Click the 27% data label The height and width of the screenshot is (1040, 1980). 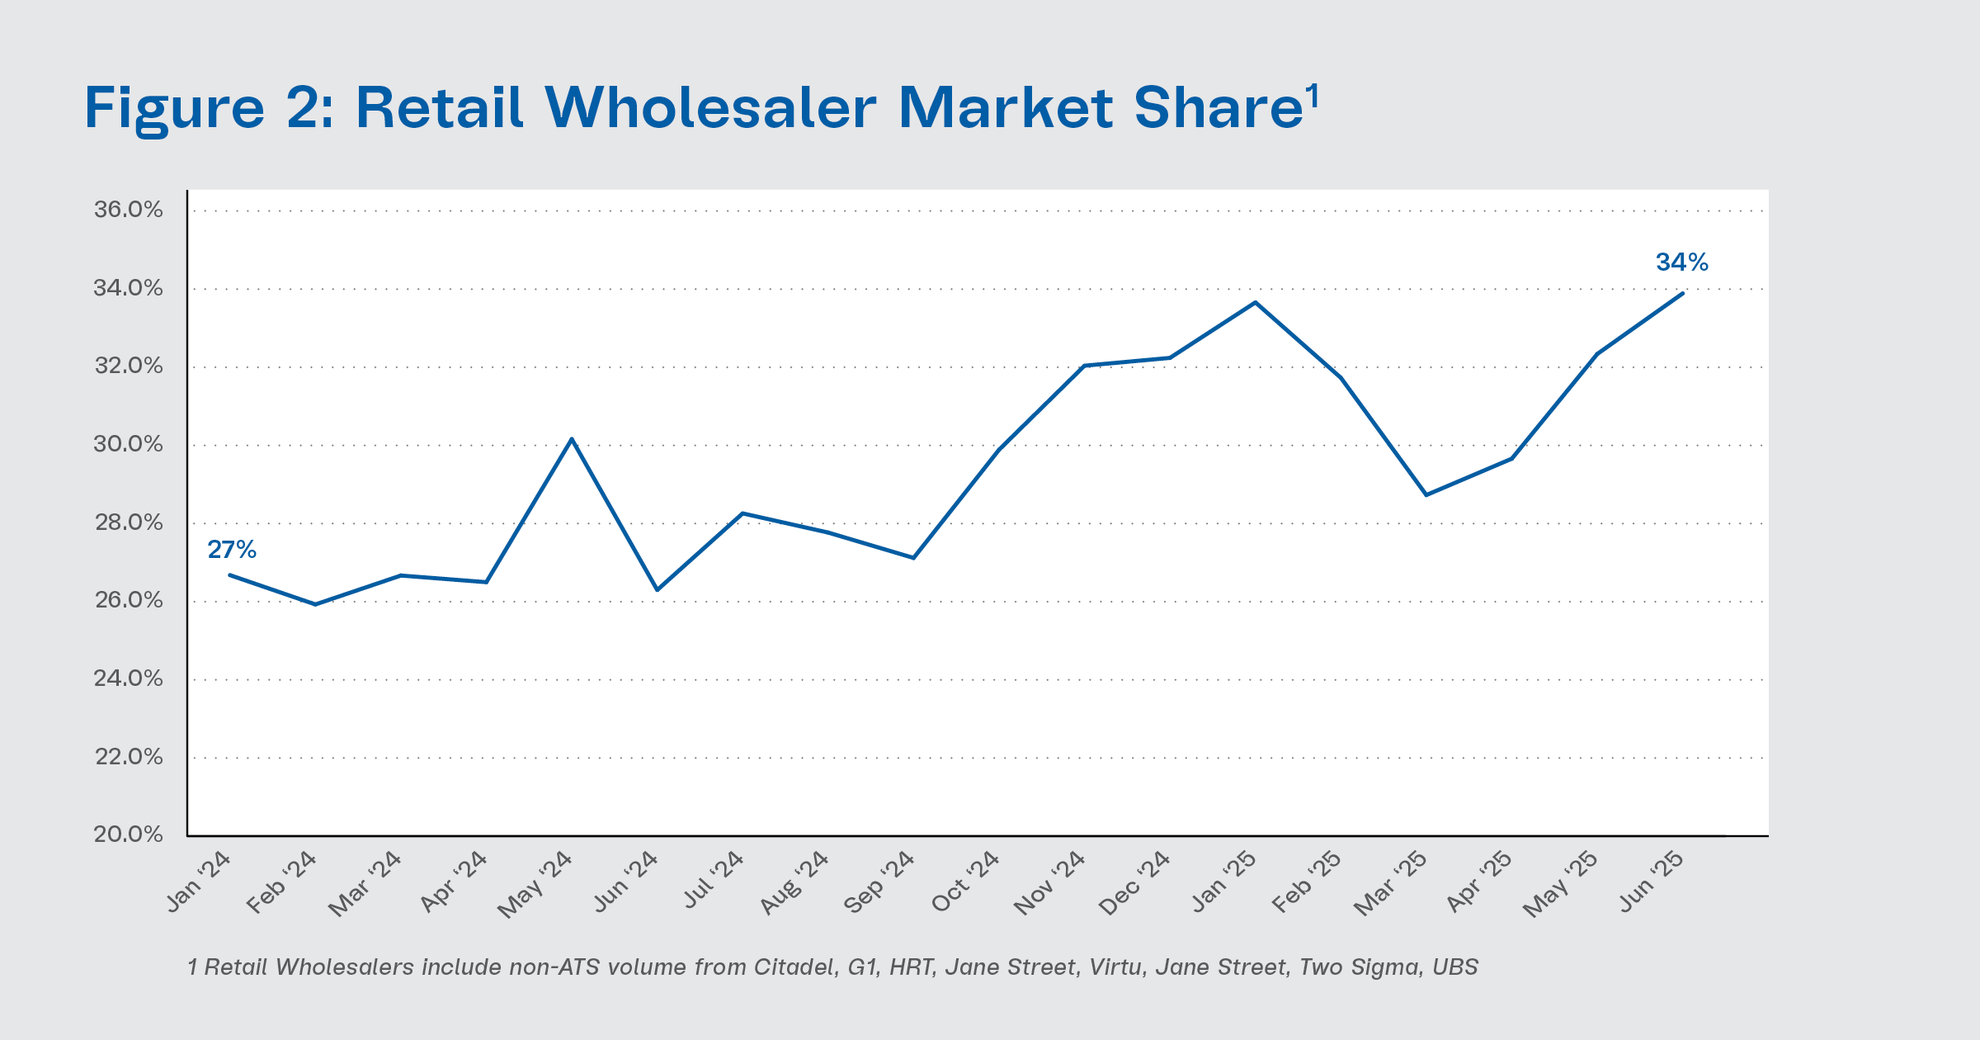[x=232, y=550]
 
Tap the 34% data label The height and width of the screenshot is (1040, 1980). [x=1681, y=262]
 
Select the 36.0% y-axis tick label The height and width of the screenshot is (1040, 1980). [x=129, y=210]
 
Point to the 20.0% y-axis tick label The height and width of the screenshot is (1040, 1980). [x=129, y=834]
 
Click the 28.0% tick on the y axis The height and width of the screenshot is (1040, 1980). [x=129, y=522]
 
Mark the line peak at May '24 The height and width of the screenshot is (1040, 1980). [x=572, y=439]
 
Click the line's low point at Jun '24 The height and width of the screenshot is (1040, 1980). [x=657, y=590]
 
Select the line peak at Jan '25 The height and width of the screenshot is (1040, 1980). [x=1255, y=302]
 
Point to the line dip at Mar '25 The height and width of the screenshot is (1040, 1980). [x=1426, y=495]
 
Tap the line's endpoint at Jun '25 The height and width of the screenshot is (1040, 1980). [x=1682, y=293]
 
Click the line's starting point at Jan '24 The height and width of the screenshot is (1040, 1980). [x=229, y=574]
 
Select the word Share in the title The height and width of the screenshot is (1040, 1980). [x=1218, y=108]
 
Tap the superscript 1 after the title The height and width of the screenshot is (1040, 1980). [x=1313, y=96]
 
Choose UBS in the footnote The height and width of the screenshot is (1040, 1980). [x=1455, y=967]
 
